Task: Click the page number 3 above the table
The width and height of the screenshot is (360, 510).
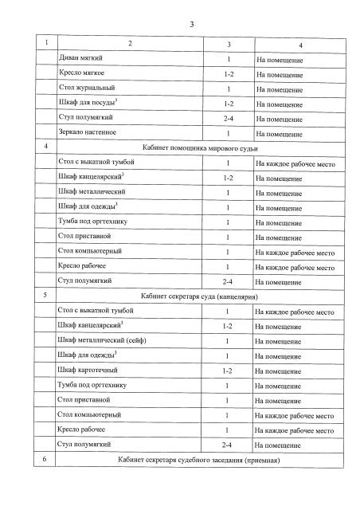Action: [x=192, y=25]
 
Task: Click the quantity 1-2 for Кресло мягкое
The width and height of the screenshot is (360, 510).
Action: [x=229, y=74]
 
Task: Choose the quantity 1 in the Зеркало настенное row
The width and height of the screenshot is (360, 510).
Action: [x=229, y=132]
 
